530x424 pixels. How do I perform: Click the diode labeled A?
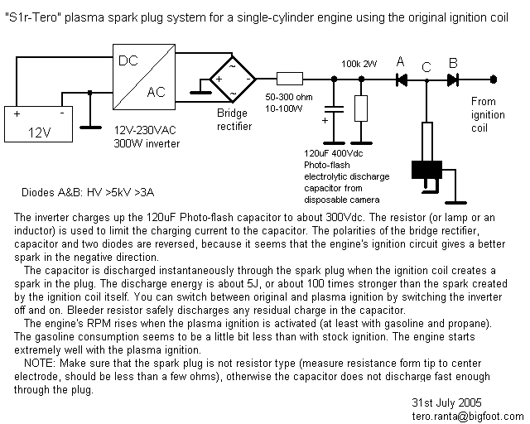tap(402, 80)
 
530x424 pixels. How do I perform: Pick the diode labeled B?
tap(452, 80)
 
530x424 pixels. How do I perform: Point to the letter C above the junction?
tap(426, 66)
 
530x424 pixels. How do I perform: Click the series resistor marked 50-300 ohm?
tap(291, 80)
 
